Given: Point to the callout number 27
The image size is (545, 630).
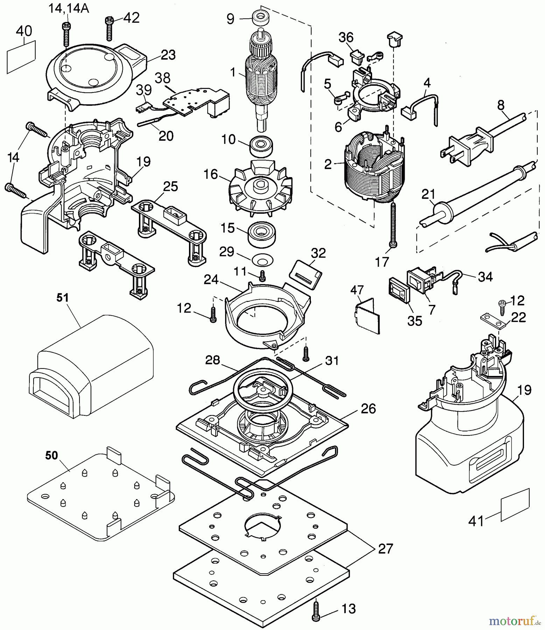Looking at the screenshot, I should pos(385,548).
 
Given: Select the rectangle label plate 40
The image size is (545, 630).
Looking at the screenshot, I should pos(21,56).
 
